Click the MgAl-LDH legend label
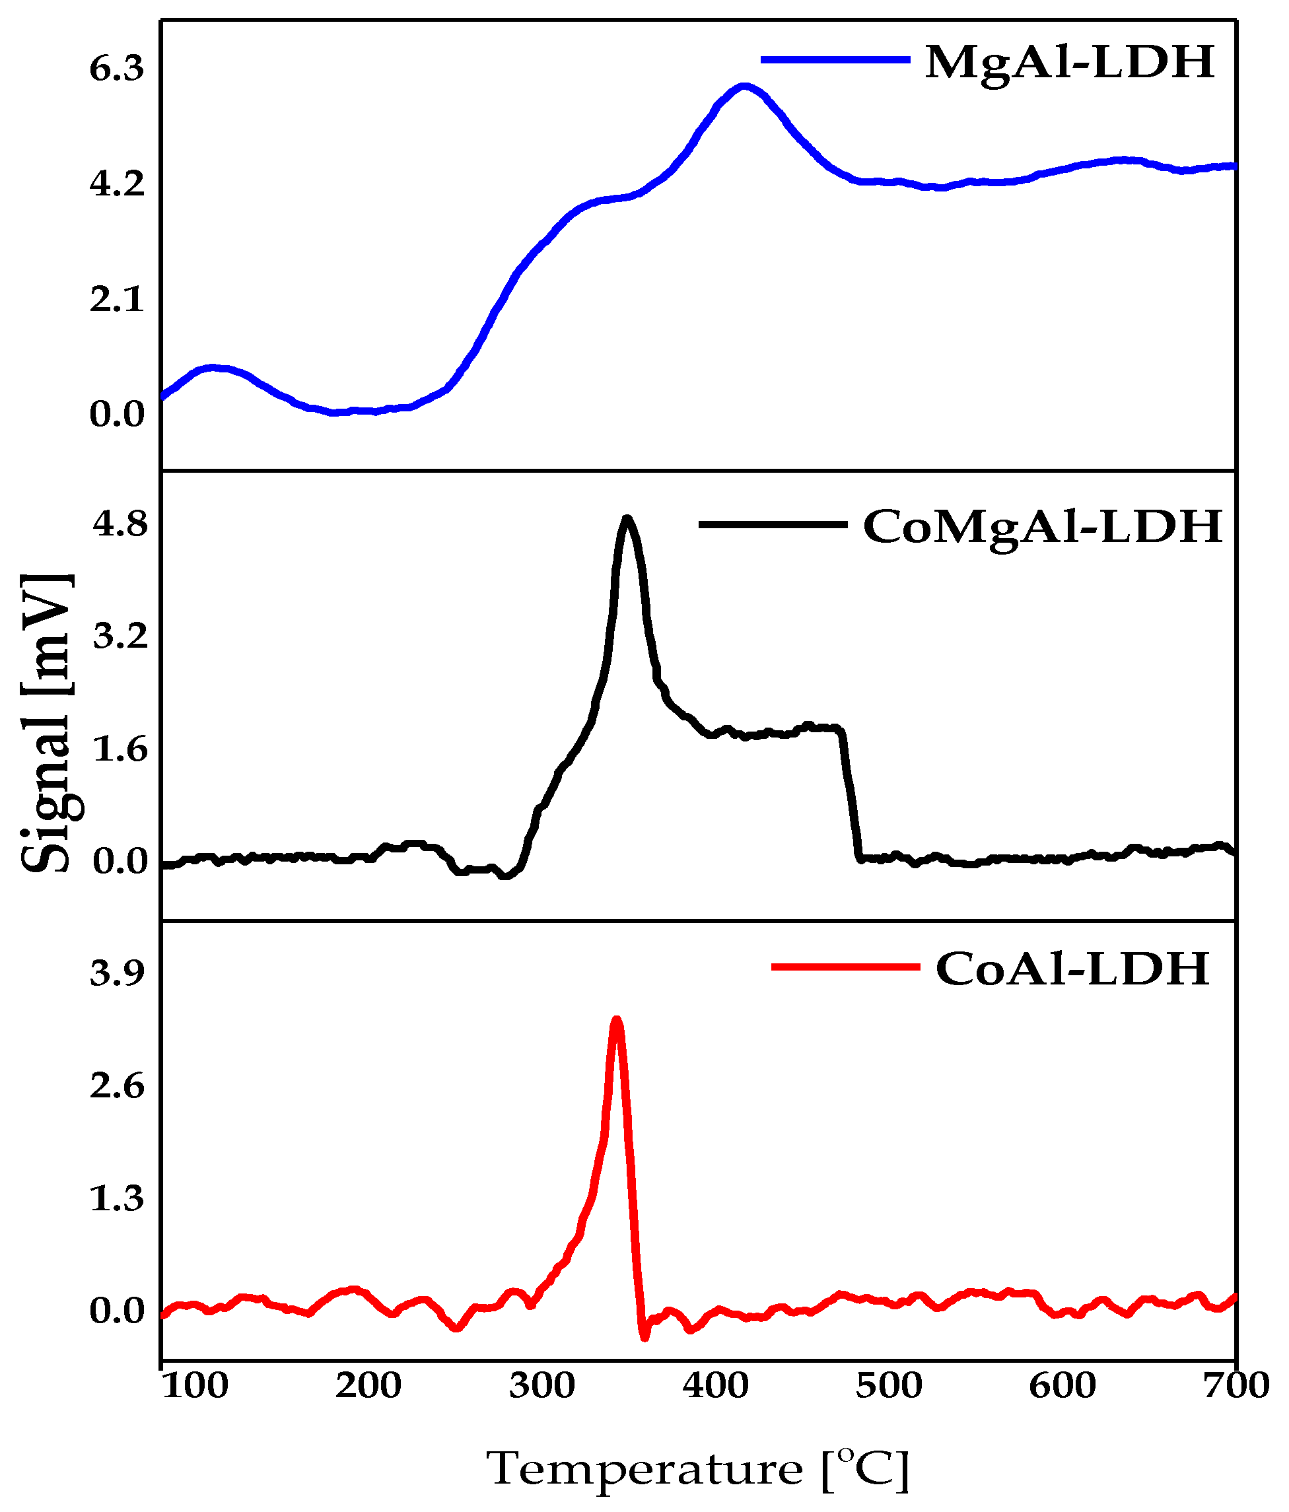pos(1069,63)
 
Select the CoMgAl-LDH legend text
pos(1042,526)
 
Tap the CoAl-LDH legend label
pos(1072,969)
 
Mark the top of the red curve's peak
pos(617,1019)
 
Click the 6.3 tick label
pos(117,69)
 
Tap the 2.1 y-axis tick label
pos(117,300)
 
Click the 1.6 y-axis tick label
pos(120,749)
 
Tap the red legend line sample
pos(845,967)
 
